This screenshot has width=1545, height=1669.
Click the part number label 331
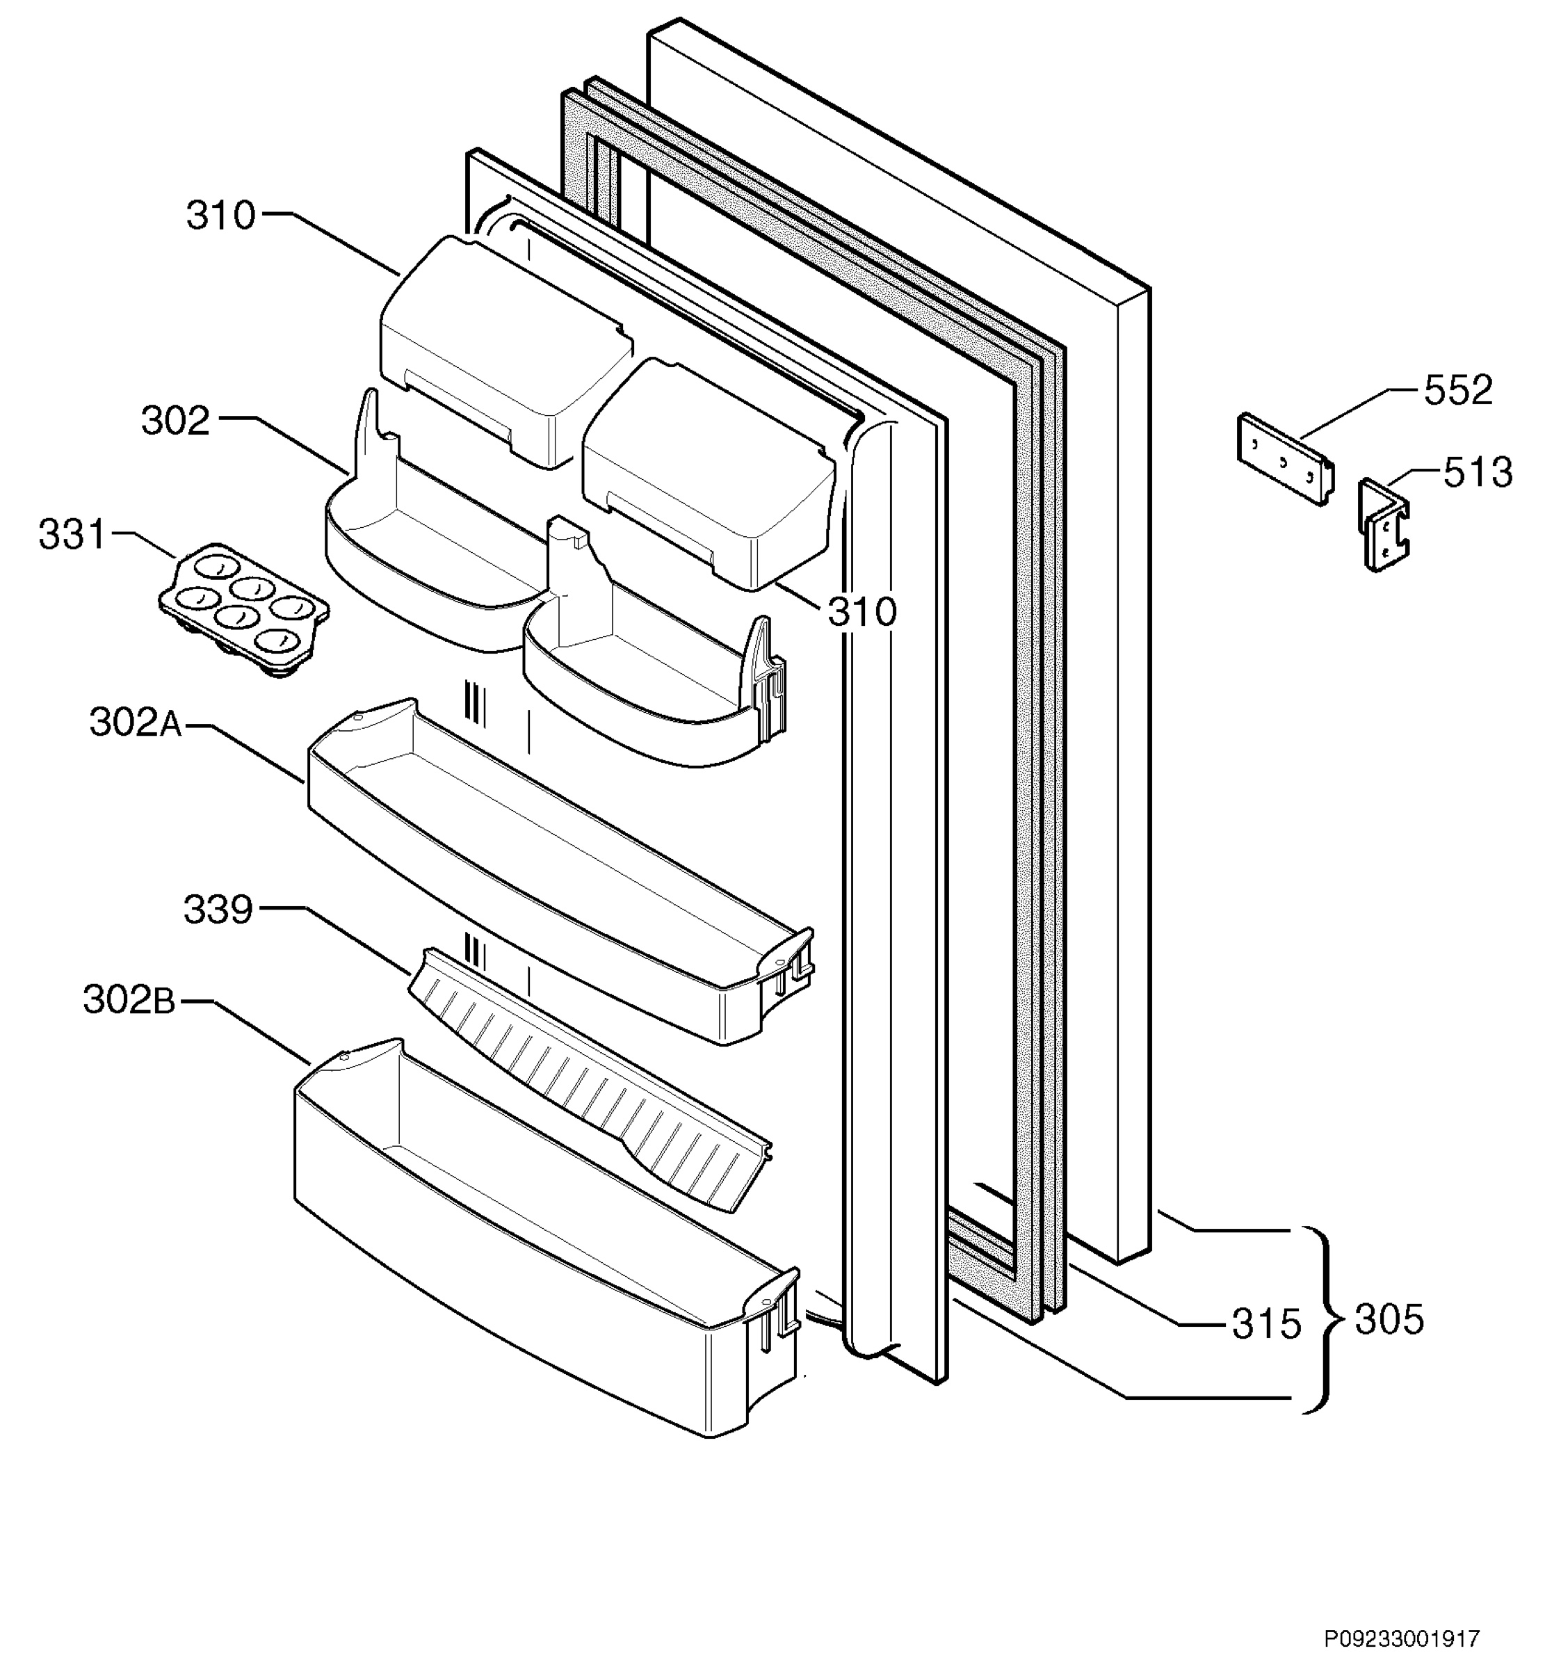pos(73,535)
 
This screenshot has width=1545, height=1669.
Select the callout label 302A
pos(136,723)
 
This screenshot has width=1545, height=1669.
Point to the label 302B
pos(129,1000)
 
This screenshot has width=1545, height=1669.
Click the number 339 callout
pos(218,910)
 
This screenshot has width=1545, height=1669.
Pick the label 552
pos(1458,391)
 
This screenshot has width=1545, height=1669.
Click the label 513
pos(1478,474)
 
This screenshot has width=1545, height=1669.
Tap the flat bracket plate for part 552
pos(1284,458)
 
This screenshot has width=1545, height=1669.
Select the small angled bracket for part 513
pos(1384,524)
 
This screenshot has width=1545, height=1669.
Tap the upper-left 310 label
pos(220,216)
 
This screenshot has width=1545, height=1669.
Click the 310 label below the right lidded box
pos(862,612)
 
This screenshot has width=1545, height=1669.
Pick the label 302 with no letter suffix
pos(175,421)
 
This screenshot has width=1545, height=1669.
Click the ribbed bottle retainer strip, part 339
pos(590,1079)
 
